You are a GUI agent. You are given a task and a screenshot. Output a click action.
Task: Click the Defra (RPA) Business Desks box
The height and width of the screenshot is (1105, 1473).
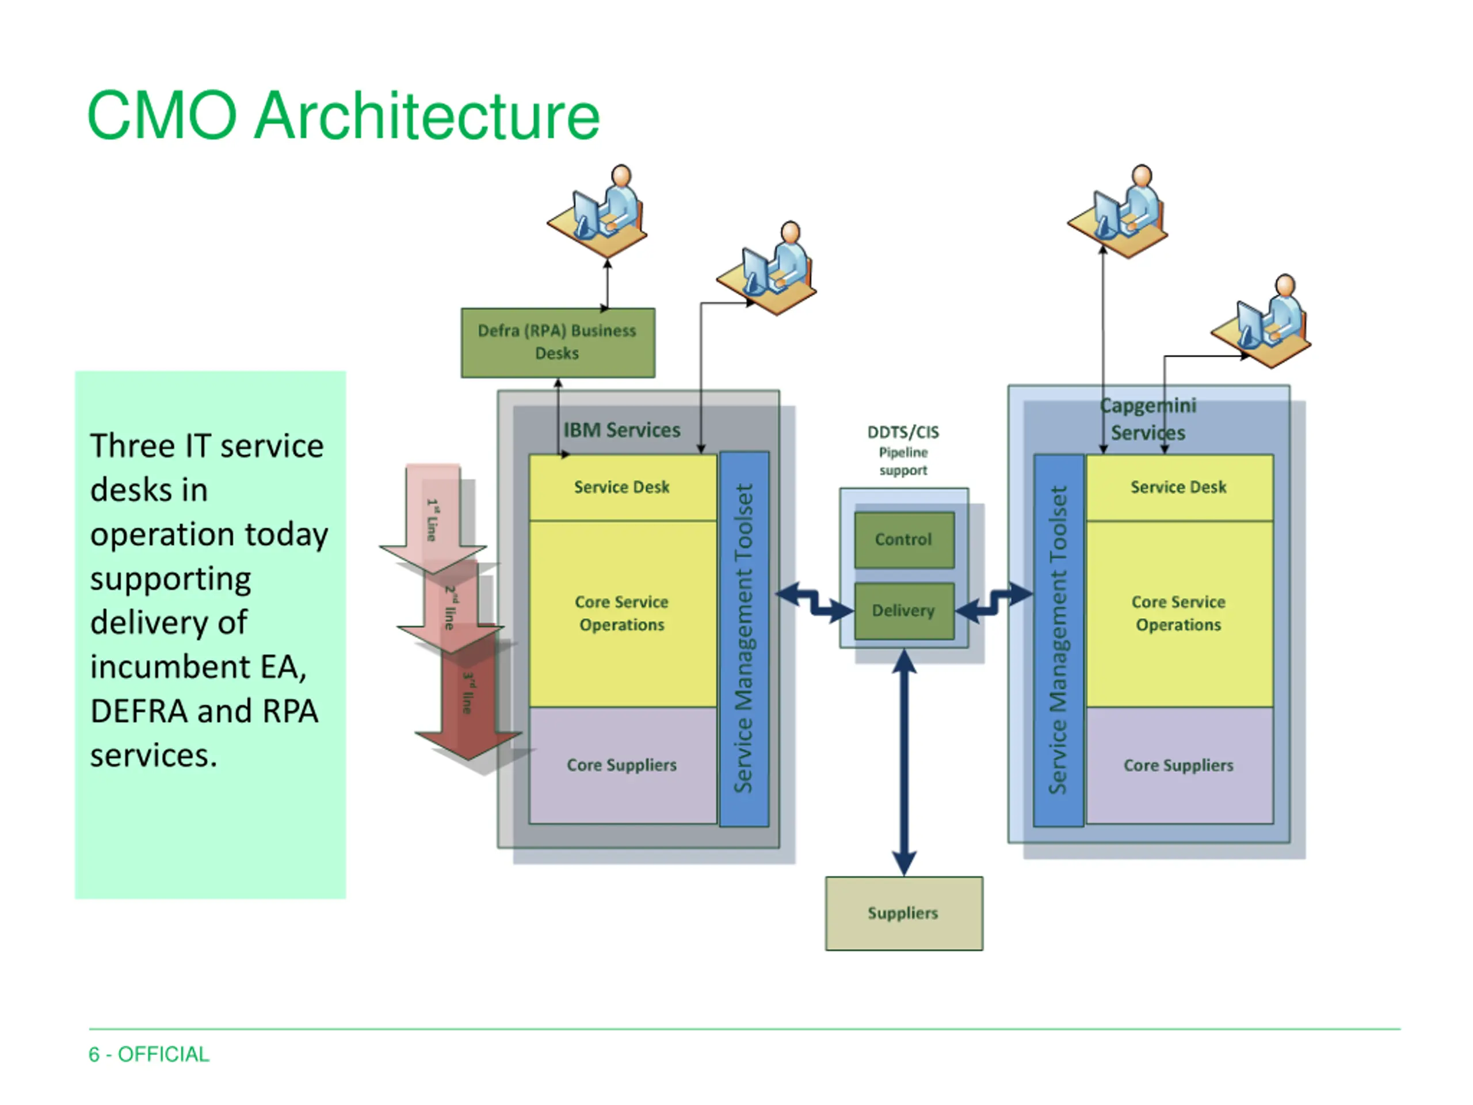[558, 342]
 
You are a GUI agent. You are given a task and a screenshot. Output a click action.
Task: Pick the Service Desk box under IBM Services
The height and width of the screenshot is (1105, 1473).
[622, 487]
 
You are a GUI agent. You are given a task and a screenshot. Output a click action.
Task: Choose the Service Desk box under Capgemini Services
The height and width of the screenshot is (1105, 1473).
[1180, 487]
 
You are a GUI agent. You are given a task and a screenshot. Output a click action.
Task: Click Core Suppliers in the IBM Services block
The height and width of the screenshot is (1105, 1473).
[622, 765]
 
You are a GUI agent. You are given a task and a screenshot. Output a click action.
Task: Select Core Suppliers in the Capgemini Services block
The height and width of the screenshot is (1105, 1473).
[1180, 765]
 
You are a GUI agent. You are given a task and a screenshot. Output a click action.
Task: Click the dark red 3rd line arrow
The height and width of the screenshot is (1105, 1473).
[469, 699]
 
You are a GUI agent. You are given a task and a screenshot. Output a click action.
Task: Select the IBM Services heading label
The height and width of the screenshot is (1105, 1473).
[622, 430]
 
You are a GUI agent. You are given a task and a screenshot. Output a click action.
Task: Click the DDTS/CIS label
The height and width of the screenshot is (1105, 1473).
[903, 432]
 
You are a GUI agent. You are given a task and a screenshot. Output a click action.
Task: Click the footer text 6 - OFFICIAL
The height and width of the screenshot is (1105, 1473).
[149, 1054]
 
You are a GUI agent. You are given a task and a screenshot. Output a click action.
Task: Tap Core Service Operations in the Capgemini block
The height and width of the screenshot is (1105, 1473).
[1180, 614]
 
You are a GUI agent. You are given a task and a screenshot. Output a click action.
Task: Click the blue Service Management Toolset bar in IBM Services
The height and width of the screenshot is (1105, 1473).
[745, 639]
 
